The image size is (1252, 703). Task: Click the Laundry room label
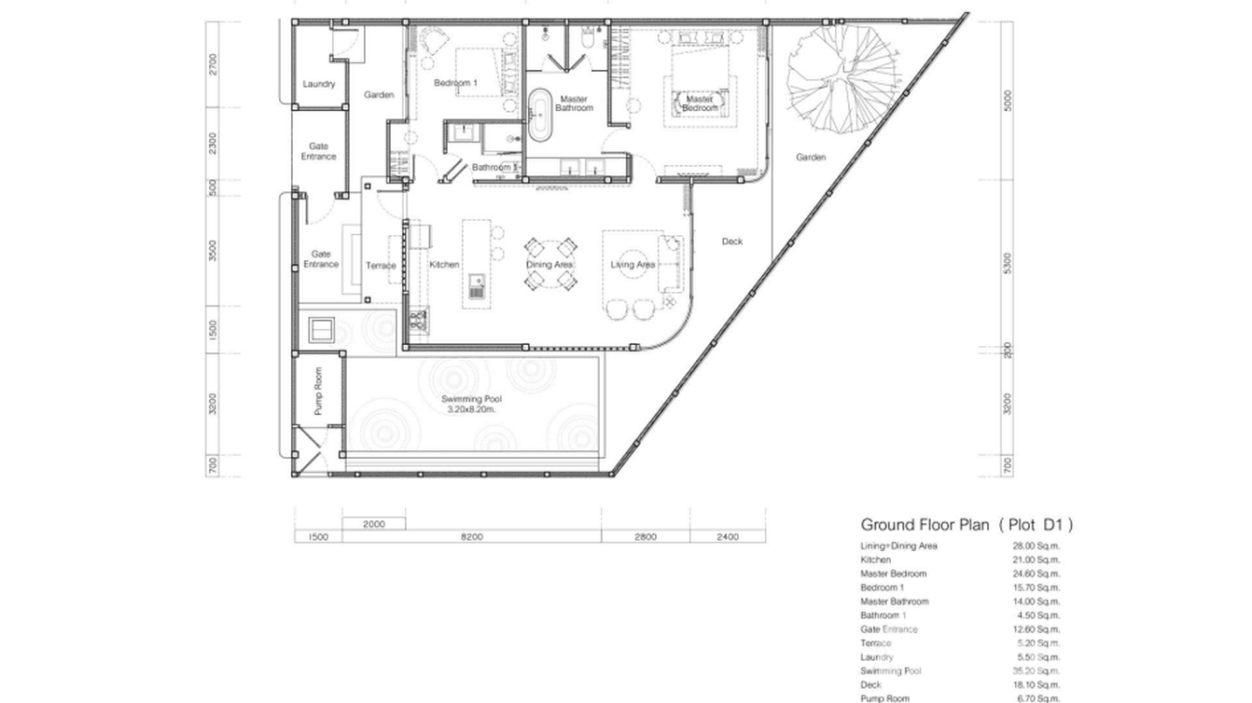(318, 85)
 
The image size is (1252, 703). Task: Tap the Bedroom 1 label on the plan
(455, 83)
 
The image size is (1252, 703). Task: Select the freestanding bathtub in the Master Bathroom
(540, 116)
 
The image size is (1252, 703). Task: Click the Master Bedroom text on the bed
(700, 103)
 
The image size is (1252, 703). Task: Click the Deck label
(732, 242)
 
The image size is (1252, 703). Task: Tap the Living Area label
(633, 265)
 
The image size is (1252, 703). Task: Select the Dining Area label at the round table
(549, 265)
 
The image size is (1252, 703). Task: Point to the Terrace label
(381, 266)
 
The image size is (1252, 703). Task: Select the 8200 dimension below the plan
(471, 537)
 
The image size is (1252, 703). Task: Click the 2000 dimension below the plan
(373, 524)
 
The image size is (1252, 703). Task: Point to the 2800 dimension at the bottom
(646, 537)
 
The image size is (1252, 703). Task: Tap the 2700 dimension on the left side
(214, 63)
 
